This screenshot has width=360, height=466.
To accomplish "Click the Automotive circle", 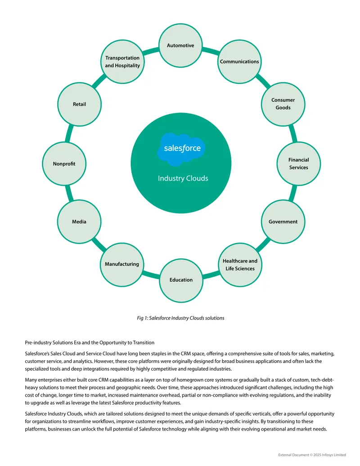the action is [x=180, y=45].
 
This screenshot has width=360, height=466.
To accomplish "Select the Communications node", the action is [x=239, y=62].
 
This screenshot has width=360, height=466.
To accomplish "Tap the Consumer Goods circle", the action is [x=283, y=104].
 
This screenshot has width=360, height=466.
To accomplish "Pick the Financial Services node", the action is [x=298, y=163].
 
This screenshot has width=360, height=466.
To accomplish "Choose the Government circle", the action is [x=283, y=222].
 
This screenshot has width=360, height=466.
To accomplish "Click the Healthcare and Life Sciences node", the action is [x=240, y=265].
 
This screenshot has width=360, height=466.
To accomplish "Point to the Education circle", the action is [x=181, y=280].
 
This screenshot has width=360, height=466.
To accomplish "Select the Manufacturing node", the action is [x=122, y=264].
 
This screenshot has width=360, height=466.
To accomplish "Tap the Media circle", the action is [x=79, y=222].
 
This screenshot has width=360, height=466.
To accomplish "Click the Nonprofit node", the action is [x=64, y=164].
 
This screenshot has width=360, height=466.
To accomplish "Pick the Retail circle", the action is [x=79, y=104].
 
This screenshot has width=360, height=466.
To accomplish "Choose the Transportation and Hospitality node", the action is [x=122, y=62].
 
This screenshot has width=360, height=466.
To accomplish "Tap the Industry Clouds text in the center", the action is [x=183, y=178].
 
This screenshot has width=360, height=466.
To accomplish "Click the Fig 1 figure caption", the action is [x=180, y=318].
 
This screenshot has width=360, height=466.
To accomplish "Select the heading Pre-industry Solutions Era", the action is [x=90, y=342].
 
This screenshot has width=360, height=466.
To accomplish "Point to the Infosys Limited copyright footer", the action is [x=312, y=455].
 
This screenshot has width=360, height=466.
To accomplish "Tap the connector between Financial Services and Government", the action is [x=293, y=193].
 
